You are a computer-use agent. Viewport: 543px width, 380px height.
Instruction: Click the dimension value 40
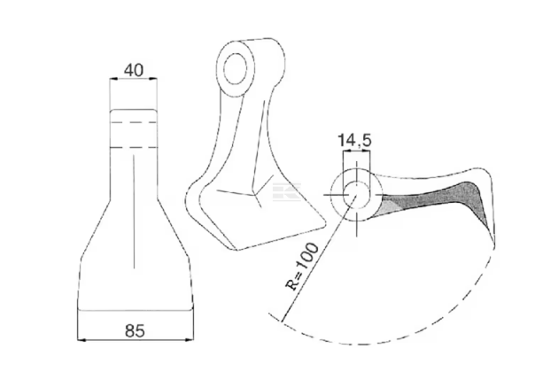(x=134, y=70)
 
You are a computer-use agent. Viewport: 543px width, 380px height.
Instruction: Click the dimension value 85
(x=135, y=330)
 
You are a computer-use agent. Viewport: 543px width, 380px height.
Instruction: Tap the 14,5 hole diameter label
(x=354, y=141)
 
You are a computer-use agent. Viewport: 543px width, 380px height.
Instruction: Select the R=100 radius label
(x=302, y=267)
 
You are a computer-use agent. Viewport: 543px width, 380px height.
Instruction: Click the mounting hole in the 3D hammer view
(x=236, y=68)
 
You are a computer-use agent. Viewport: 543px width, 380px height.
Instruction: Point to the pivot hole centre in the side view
(x=356, y=195)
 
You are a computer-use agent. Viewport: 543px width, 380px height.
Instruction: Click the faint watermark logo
(x=286, y=192)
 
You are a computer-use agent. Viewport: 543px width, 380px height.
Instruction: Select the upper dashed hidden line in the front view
(x=134, y=122)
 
